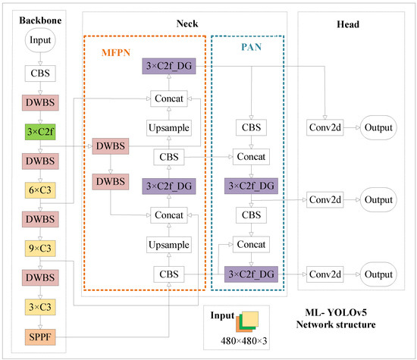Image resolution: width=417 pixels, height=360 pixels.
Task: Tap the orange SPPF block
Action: click(x=38, y=334)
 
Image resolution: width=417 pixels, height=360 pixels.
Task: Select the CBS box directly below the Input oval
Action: click(x=38, y=74)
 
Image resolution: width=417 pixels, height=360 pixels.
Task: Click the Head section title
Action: click(x=350, y=23)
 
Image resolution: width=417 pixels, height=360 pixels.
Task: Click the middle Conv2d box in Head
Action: click(x=325, y=200)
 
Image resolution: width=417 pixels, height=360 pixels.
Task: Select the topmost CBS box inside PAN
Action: click(x=249, y=128)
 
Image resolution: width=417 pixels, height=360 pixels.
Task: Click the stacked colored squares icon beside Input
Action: click(x=249, y=323)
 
